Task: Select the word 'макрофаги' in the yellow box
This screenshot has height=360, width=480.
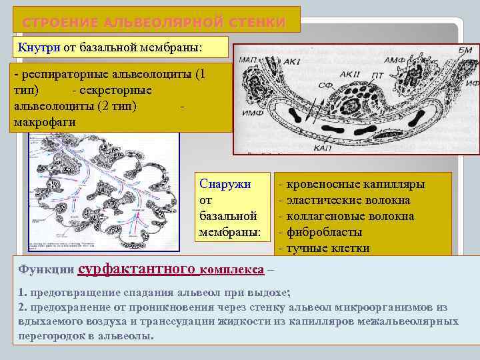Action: tap(44, 122)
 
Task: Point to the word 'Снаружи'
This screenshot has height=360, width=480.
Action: tap(225, 185)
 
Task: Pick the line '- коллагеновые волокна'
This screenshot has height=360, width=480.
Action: tap(349, 217)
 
